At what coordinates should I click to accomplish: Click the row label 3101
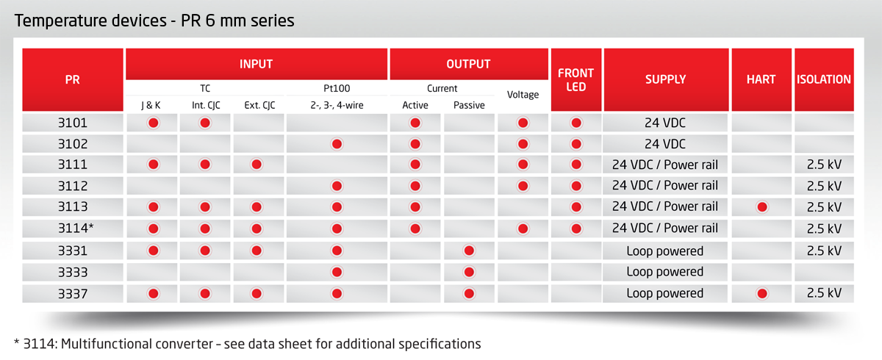point(73,123)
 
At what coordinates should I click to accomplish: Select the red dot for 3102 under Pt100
point(337,144)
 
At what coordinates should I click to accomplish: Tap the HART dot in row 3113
point(762,207)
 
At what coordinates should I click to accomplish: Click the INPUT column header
point(256,64)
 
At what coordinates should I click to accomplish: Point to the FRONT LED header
point(576,79)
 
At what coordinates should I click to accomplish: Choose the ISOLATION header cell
point(824,79)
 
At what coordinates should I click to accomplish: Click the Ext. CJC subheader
point(259,106)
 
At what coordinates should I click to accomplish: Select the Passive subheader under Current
point(469,106)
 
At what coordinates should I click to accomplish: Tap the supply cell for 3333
point(664,272)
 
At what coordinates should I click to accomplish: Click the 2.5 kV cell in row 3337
point(824,293)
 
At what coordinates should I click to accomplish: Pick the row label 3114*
point(76,228)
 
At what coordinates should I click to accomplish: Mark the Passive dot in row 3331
point(469,251)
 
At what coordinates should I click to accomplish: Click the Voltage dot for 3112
point(523,186)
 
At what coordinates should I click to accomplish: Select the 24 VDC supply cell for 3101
point(664,123)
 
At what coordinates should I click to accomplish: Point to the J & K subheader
point(151,106)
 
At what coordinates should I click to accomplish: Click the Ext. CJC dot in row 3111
point(257,165)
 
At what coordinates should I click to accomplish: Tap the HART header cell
point(761,79)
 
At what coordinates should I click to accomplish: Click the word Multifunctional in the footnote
point(137,344)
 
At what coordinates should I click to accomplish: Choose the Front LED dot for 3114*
point(576,228)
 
